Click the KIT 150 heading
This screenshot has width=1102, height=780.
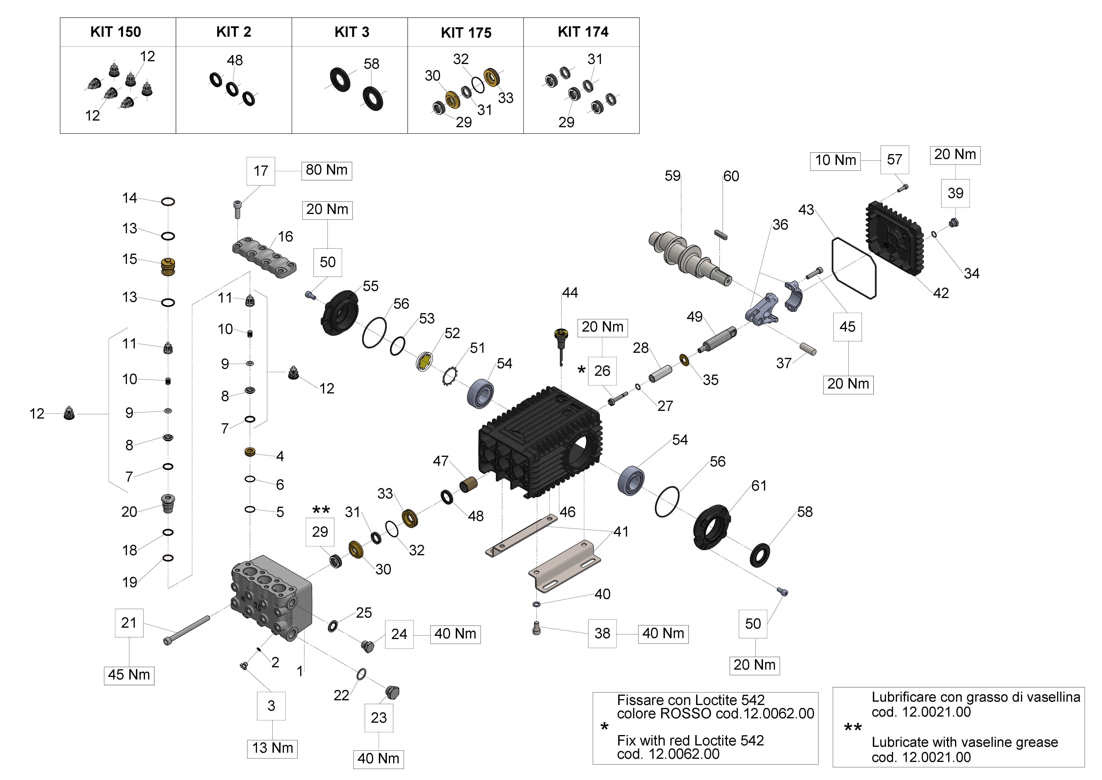pyautogui.click(x=116, y=32)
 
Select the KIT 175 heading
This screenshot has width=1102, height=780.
pyautogui.click(x=466, y=33)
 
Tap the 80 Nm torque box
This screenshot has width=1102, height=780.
pyautogui.click(x=326, y=170)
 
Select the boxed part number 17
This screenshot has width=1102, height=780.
pyautogui.click(x=261, y=171)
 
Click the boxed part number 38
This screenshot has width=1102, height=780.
pyautogui.click(x=602, y=634)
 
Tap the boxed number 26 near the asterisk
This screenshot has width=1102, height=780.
pyautogui.click(x=602, y=371)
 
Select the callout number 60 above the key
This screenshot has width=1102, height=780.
pyautogui.click(x=731, y=176)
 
